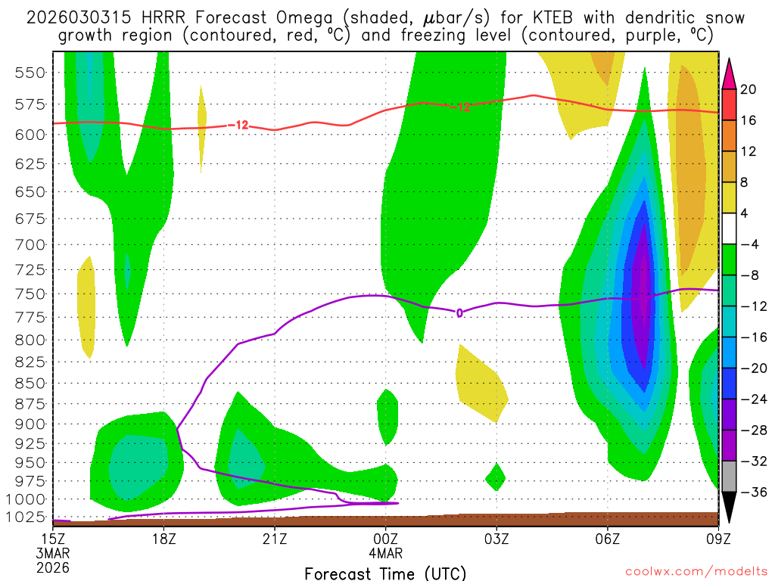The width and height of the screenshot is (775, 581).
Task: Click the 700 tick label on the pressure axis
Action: (x=31, y=244)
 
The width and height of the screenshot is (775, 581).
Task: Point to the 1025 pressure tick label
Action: (x=27, y=517)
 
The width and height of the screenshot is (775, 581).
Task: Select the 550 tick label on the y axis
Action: (x=31, y=73)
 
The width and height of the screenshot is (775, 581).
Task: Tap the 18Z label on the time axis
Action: (x=164, y=539)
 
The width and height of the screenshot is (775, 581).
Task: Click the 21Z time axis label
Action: (x=275, y=539)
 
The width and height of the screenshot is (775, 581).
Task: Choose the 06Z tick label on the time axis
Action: (x=607, y=539)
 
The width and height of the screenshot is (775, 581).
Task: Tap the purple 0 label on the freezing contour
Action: (x=459, y=312)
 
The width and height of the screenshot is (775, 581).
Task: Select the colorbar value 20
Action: (x=749, y=89)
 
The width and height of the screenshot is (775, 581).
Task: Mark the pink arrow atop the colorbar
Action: (x=728, y=72)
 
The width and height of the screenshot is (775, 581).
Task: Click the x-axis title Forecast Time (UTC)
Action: (x=385, y=573)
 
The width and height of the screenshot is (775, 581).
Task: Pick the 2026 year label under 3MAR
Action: (x=57, y=567)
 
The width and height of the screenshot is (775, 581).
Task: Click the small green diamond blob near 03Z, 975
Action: (x=496, y=477)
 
